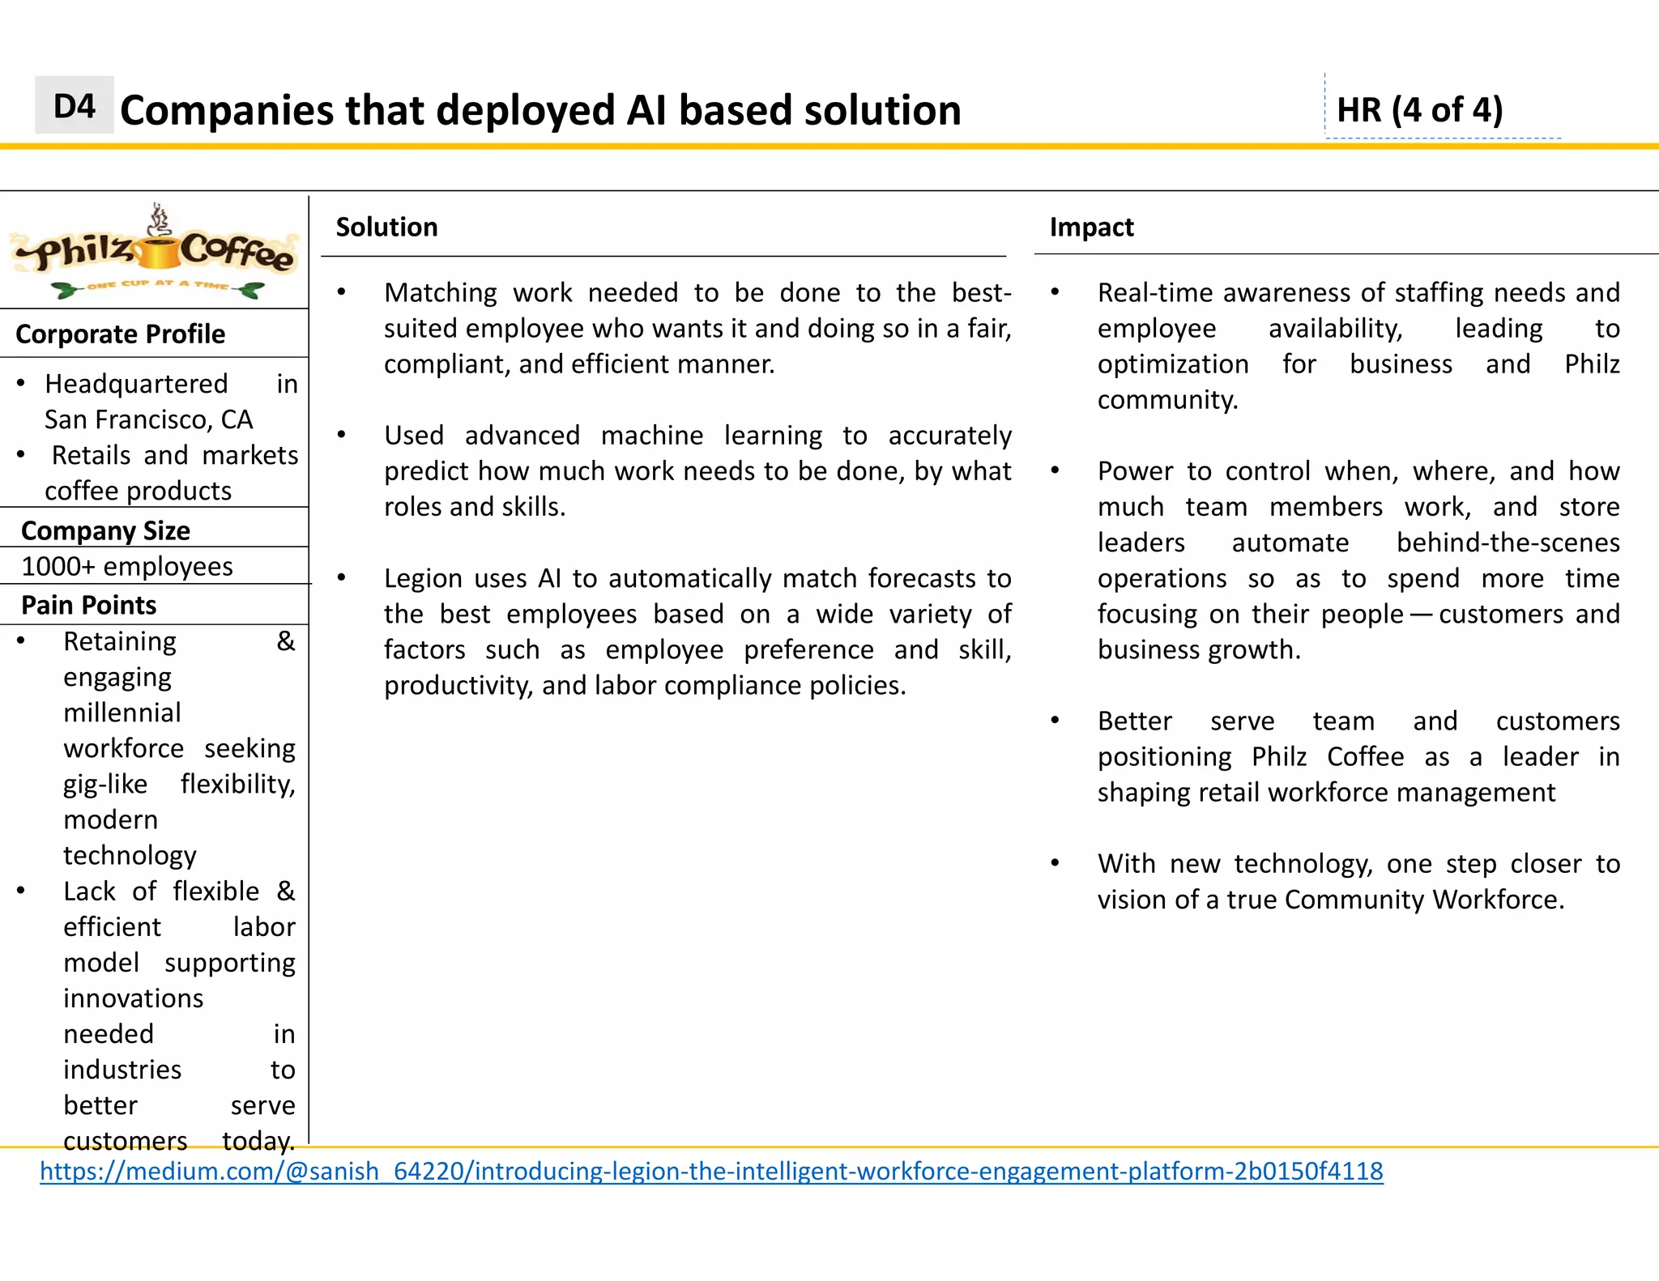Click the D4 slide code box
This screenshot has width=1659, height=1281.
click(x=74, y=106)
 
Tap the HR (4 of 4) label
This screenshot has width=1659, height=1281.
click(x=1419, y=110)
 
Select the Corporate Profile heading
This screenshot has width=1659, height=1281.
click(x=120, y=334)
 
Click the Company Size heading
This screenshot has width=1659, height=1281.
click(x=105, y=530)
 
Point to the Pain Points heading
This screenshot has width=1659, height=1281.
click(x=88, y=605)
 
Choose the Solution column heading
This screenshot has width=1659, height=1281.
click(x=386, y=228)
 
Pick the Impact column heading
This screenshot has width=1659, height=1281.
click(x=1091, y=228)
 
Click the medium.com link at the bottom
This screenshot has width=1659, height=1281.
click(x=710, y=1171)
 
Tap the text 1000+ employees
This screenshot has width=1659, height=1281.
click(x=127, y=566)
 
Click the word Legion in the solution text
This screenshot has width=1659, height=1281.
click(x=420, y=578)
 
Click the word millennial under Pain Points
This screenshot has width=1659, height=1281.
click(x=122, y=713)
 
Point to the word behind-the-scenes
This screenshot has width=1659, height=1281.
click(x=1508, y=543)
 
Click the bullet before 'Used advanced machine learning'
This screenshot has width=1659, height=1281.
click(x=342, y=435)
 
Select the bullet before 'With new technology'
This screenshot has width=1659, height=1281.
click(x=1055, y=863)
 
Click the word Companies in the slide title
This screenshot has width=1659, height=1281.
click(x=228, y=110)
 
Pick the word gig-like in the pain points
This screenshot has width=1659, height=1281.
click(x=105, y=784)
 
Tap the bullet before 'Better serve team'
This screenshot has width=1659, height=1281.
click(x=1055, y=721)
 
